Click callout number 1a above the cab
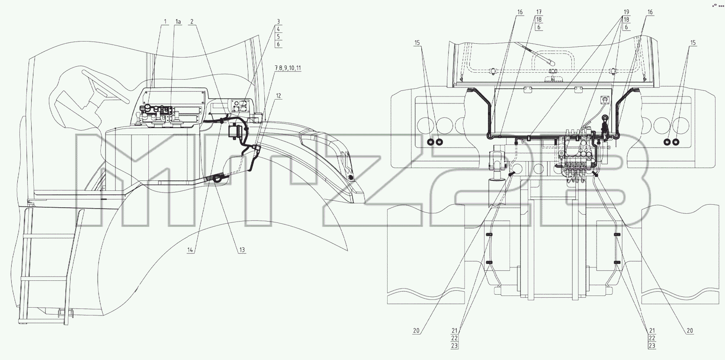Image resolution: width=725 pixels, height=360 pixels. click(x=178, y=22)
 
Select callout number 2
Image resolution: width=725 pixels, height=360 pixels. click(x=192, y=22)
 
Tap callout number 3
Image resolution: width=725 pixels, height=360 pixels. click(x=278, y=22)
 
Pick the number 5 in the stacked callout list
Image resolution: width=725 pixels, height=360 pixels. click(x=278, y=37)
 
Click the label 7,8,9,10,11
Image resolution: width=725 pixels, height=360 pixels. click(x=288, y=68)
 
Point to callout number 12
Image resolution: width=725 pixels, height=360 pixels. click(x=279, y=96)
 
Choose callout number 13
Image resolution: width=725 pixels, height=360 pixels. click(x=242, y=250)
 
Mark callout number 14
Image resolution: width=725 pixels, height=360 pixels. click(x=190, y=250)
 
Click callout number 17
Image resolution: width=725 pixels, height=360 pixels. click(x=539, y=12)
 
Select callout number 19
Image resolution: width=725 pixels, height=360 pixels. click(x=626, y=12)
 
